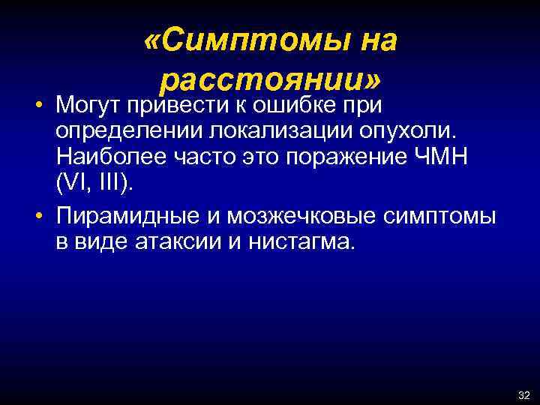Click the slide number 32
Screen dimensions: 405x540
pyautogui.click(x=523, y=395)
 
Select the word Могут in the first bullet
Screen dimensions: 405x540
pyautogui.click(x=87, y=102)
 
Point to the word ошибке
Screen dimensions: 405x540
pyautogui.click(x=286, y=102)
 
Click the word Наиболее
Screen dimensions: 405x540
pyautogui.click(x=104, y=159)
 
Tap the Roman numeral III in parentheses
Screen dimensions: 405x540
pyautogui.click(x=103, y=187)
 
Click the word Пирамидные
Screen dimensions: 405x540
pyautogui.click(x=124, y=217)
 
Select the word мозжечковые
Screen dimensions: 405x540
pyautogui.click(x=289, y=217)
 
